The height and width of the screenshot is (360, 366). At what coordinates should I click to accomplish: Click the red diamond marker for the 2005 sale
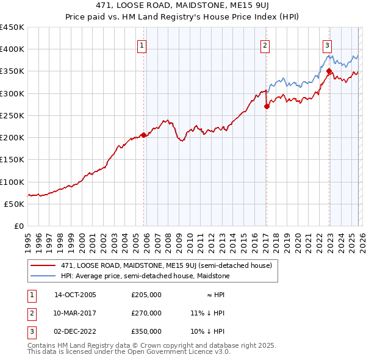coord(143,135)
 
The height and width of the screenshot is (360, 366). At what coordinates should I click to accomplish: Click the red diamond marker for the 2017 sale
coord(267,106)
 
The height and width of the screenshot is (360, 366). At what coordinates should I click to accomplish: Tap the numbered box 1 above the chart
coord(142,44)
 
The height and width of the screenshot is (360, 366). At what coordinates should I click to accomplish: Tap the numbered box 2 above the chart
coord(265,44)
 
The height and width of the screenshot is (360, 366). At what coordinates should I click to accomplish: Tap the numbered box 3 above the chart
coord(327,44)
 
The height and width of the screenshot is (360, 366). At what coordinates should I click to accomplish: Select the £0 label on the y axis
coord(19,226)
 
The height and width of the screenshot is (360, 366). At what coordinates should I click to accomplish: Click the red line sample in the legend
coord(44,265)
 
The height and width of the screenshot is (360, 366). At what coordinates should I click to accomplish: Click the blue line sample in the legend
coord(44,276)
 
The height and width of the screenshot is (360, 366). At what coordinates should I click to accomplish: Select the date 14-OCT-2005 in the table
coord(75,295)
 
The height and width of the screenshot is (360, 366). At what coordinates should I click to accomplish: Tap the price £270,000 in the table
coord(146,313)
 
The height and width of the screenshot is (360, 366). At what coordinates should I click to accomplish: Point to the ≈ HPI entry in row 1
coord(212,295)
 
